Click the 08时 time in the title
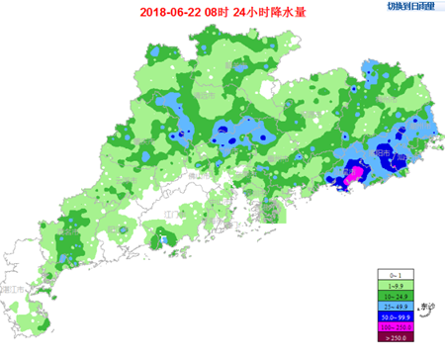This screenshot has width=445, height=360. (x=219, y=12)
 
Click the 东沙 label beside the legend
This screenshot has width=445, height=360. (x=428, y=308)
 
